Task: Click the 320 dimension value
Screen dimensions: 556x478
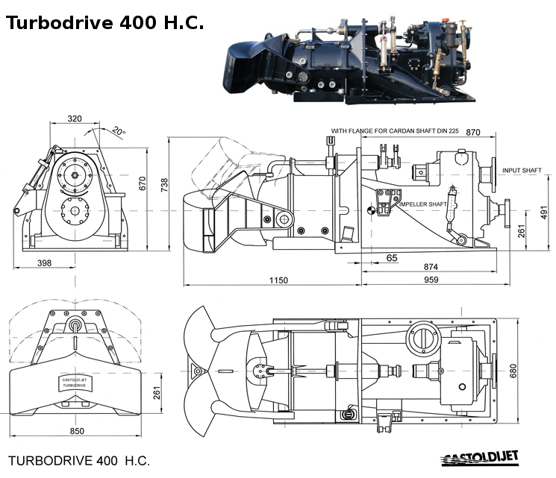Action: (x=75, y=119)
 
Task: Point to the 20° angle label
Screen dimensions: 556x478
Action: (x=119, y=131)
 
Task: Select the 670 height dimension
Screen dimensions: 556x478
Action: (x=143, y=183)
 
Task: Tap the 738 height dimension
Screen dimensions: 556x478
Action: (x=164, y=185)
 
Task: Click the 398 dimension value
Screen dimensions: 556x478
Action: (x=44, y=263)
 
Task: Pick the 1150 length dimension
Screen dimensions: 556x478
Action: (x=278, y=280)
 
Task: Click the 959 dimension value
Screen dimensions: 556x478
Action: (x=431, y=280)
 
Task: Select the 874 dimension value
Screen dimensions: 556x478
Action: (x=431, y=266)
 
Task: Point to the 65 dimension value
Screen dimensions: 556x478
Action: (x=392, y=258)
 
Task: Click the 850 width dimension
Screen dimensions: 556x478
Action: (x=77, y=431)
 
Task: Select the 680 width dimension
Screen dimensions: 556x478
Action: (x=513, y=371)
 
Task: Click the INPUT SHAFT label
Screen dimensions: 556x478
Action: (x=522, y=171)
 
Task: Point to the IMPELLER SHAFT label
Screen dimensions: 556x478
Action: (x=423, y=204)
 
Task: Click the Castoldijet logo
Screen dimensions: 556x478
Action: (x=480, y=458)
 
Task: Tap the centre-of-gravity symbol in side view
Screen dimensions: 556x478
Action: (x=371, y=210)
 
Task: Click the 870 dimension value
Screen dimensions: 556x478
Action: (x=473, y=132)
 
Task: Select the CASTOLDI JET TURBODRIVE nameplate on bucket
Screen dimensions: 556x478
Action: (x=75, y=383)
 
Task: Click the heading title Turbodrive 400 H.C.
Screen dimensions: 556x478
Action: (x=105, y=22)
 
